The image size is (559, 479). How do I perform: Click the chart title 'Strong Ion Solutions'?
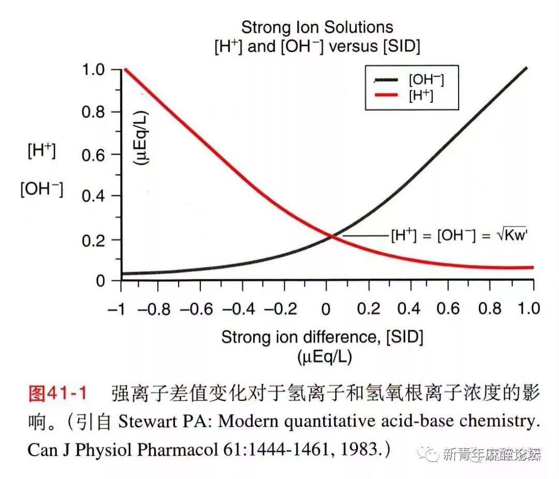(317, 27)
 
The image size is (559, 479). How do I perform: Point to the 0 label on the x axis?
(326, 309)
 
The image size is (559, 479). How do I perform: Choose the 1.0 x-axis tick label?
(529, 309)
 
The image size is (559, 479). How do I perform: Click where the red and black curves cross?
(332, 237)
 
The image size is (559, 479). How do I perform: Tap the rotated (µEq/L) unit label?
(141, 137)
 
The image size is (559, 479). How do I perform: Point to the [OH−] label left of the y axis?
(41, 189)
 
